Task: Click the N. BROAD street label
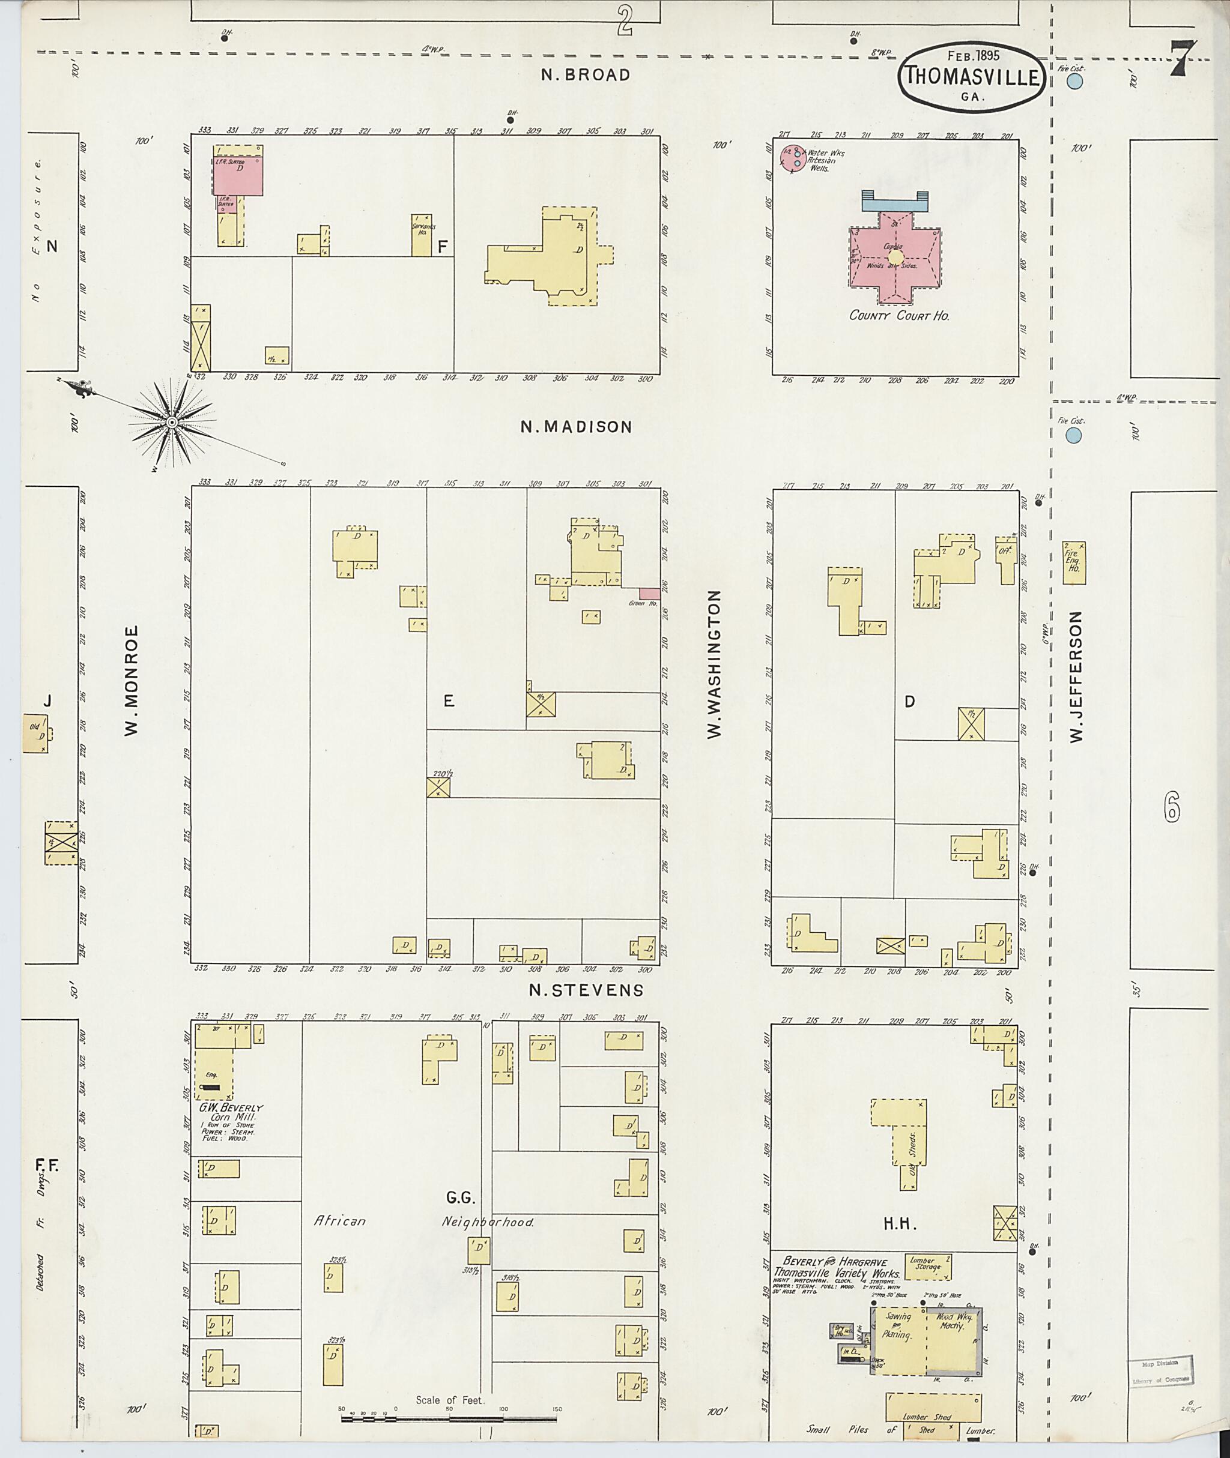click(x=586, y=74)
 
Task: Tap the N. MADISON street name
click(x=576, y=427)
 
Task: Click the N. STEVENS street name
click(x=586, y=990)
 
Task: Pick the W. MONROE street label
click(x=132, y=679)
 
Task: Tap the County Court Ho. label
click(x=899, y=316)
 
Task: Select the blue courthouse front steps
click(x=895, y=202)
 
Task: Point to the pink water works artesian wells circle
click(x=793, y=160)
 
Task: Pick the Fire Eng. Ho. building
click(x=1074, y=562)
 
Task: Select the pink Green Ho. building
click(x=649, y=593)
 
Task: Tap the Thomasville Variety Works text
click(x=837, y=1273)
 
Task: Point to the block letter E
click(x=449, y=701)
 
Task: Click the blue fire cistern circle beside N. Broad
click(x=1074, y=82)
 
